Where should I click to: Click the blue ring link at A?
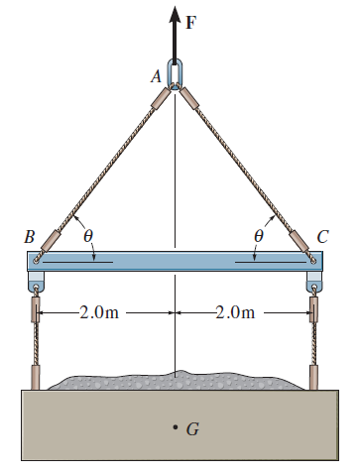pos(177,76)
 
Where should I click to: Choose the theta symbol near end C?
pos(259,238)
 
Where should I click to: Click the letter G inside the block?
pos(192,429)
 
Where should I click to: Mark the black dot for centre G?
pos(175,427)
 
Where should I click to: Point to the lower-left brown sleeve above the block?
pos(37,378)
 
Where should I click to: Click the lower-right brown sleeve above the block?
pos(316,378)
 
